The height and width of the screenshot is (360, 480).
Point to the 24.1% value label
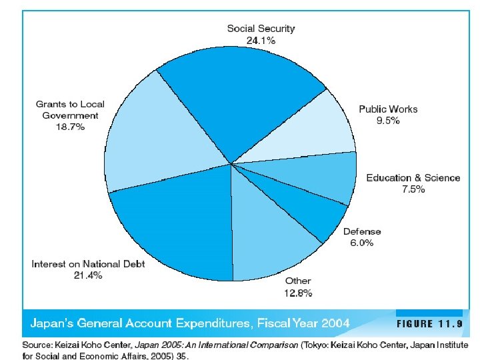tap(261, 40)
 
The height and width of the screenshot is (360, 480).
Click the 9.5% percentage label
tap(388, 121)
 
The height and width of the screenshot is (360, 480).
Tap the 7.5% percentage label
tap(413, 189)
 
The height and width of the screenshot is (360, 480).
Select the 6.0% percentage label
tap(362, 243)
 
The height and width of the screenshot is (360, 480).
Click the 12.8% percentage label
tap(298, 292)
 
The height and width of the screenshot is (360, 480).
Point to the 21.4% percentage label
tap(88, 275)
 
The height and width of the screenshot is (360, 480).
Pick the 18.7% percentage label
tap(70, 127)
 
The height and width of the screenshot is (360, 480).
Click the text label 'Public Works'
tap(388, 109)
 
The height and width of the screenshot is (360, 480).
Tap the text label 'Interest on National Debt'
tap(88, 264)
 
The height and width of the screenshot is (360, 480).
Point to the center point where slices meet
tap(231, 163)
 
